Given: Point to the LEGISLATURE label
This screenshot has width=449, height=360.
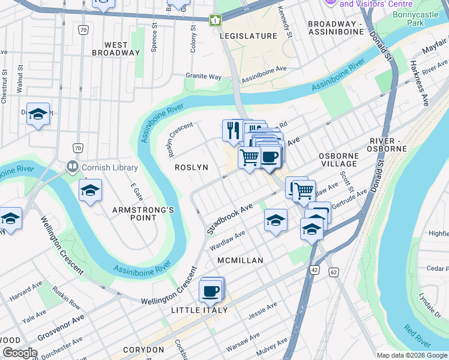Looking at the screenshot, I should (x=248, y=36).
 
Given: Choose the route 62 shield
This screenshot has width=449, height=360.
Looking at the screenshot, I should (x=334, y=272).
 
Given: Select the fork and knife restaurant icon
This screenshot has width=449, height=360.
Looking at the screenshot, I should (x=232, y=130).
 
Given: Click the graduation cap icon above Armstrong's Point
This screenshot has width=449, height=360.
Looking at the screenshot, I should (x=90, y=191).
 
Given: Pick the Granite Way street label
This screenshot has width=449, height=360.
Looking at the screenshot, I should (x=203, y=77).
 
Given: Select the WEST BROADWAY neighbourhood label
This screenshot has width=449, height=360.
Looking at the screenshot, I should (x=116, y=49).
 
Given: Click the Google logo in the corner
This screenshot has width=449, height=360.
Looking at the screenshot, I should (x=20, y=353).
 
